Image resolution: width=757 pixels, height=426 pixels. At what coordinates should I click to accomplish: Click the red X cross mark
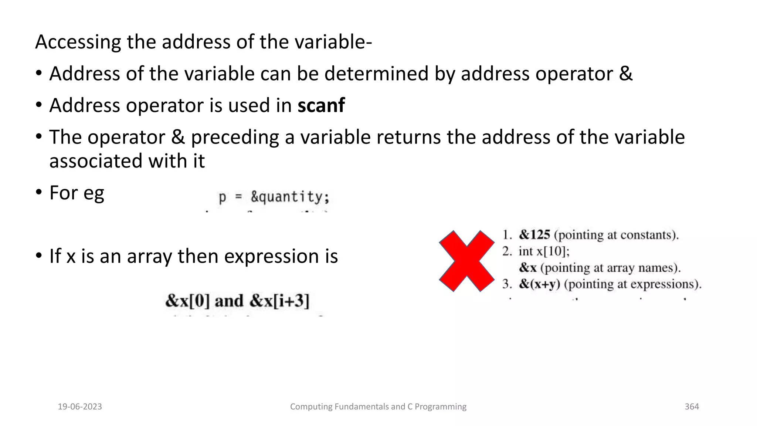[x=466, y=261]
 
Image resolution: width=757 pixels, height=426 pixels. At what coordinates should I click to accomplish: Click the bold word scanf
[x=321, y=105]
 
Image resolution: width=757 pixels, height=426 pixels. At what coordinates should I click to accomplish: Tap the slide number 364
[x=692, y=407]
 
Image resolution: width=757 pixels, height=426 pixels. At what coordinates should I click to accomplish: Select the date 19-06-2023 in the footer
[x=80, y=407]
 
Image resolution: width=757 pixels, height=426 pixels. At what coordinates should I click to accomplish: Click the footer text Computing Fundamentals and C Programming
[x=378, y=407]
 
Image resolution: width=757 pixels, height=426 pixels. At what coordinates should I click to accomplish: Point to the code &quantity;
[x=290, y=197]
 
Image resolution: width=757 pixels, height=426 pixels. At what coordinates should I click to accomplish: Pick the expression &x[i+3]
[x=279, y=301]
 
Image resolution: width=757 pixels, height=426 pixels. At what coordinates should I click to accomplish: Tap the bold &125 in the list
[x=534, y=234]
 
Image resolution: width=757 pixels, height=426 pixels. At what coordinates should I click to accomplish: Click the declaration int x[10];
[x=544, y=251]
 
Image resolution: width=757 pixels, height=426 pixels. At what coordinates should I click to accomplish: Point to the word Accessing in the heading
[x=78, y=42]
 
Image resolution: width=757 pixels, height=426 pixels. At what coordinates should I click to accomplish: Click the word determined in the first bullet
[x=376, y=74]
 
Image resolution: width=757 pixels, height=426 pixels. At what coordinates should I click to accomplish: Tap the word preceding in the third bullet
[x=235, y=137]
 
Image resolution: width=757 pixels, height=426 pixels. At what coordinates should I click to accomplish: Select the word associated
[x=96, y=161]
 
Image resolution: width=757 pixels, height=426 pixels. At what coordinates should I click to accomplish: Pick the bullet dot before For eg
[x=39, y=192]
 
